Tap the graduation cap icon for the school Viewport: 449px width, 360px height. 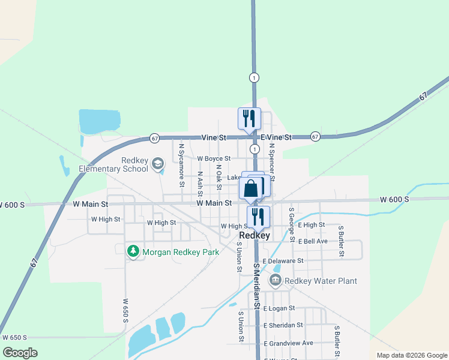158,163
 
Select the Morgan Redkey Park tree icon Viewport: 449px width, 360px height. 133,252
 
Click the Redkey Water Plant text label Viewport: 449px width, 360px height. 321,281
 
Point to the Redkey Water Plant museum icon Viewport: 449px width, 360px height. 275,280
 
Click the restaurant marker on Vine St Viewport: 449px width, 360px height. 249,118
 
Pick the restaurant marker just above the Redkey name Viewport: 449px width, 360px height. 258,217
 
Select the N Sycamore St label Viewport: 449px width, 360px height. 181,160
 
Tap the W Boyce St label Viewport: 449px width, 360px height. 214,158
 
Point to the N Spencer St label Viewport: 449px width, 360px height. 272,162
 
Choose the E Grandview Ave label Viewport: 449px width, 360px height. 289,343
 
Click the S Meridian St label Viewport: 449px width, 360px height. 257,285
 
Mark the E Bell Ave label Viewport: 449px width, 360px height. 313,241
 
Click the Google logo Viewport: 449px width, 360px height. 20,352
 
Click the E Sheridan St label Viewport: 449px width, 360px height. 283,325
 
